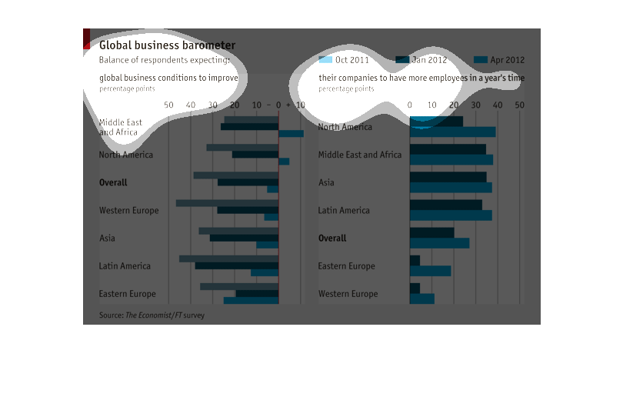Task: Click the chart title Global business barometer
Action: tap(167, 46)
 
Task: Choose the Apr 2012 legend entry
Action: tap(499, 60)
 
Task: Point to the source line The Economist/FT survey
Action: tap(152, 315)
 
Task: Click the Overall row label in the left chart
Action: tap(113, 183)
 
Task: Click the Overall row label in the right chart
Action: tap(332, 239)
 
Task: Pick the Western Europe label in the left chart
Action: tap(128, 211)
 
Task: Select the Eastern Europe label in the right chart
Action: tap(346, 266)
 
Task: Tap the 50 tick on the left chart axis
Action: tap(169, 105)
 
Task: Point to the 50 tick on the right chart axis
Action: tap(520, 105)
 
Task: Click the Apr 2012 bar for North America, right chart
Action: tap(452, 132)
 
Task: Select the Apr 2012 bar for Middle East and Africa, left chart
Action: tap(291, 134)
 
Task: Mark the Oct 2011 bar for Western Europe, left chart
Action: tap(227, 203)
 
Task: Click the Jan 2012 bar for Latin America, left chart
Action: tap(236, 265)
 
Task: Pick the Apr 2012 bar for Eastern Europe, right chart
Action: tap(430, 271)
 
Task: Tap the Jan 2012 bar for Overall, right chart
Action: tap(431, 232)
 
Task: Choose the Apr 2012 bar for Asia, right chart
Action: tap(450, 188)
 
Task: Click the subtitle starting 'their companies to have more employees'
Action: tap(421, 78)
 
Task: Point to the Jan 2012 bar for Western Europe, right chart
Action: tap(415, 288)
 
